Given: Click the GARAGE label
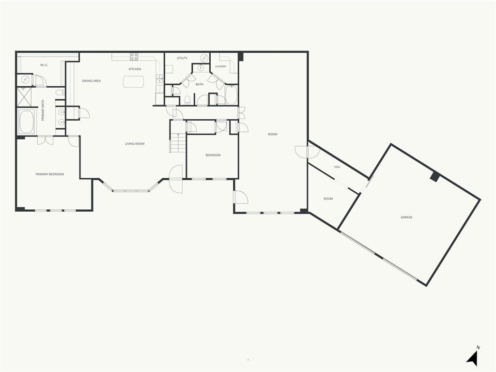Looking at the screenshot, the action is [x=406, y=217].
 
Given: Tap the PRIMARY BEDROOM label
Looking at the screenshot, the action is [x=50, y=174].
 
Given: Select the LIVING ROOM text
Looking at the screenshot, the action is [x=135, y=143].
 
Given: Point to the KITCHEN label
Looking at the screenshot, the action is [x=135, y=69].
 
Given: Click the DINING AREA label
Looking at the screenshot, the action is [x=92, y=81].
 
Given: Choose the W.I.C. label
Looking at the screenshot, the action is [x=44, y=65].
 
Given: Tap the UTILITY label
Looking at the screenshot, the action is [x=182, y=58].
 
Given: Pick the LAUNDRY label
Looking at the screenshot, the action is [x=220, y=66].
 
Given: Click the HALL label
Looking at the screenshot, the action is [x=338, y=167].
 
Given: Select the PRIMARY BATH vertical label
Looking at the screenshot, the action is [x=43, y=110].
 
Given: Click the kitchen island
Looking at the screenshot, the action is [x=133, y=81].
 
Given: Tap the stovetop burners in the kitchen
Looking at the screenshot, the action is [x=134, y=57].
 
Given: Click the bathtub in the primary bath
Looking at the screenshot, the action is [x=27, y=122].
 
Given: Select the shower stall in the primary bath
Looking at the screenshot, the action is [x=24, y=97].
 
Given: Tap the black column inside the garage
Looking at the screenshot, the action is [x=435, y=177].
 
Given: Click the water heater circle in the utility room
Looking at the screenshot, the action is [x=205, y=58].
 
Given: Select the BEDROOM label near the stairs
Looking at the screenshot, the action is [x=213, y=155].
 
